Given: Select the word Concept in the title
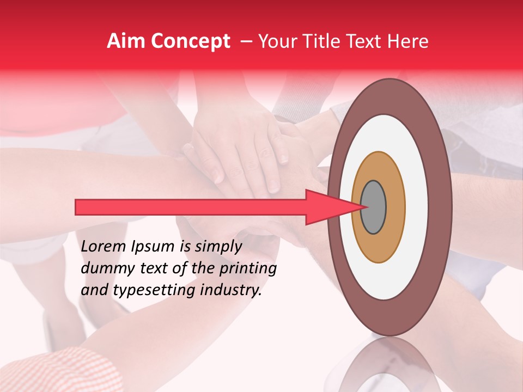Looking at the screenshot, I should point(190,41).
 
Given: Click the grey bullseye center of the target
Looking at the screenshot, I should point(373,207).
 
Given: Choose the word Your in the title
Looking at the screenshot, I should point(275,41).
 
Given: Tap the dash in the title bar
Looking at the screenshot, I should point(246,42).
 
